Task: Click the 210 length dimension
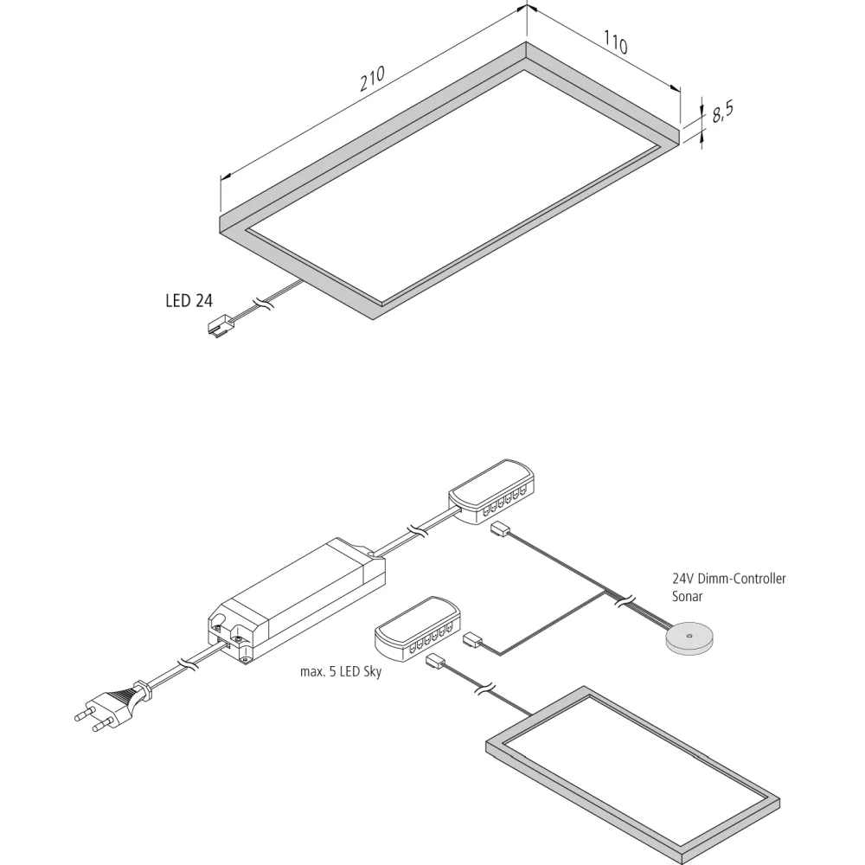pyautogui.click(x=372, y=79)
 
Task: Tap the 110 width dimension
pyautogui.click(x=615, y=42)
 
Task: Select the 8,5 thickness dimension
pyautogui.click(x=722, y=112)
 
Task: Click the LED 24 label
pyautogui.click(x=189, y=301)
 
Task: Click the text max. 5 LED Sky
pyautogui.click(x=340, y=672)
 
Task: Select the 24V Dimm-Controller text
pyautogui.click(x=728, y=579)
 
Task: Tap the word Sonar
pyautogui.click(x=687, y=596)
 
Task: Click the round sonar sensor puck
pyautogui.click(x=689, y=639)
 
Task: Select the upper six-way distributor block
pyautogui.click(x=491, y=492)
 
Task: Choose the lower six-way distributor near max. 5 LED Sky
pyautogui.click(x=417, y=630)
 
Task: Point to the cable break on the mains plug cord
pyautogui.click(x=188, y=664)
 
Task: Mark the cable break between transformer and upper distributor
pyautogui.click(x=417, y=532)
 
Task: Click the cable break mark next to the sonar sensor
pyautogui.click(x=625, y=601)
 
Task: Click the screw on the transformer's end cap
pyautogui.click(x=240, y=638)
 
